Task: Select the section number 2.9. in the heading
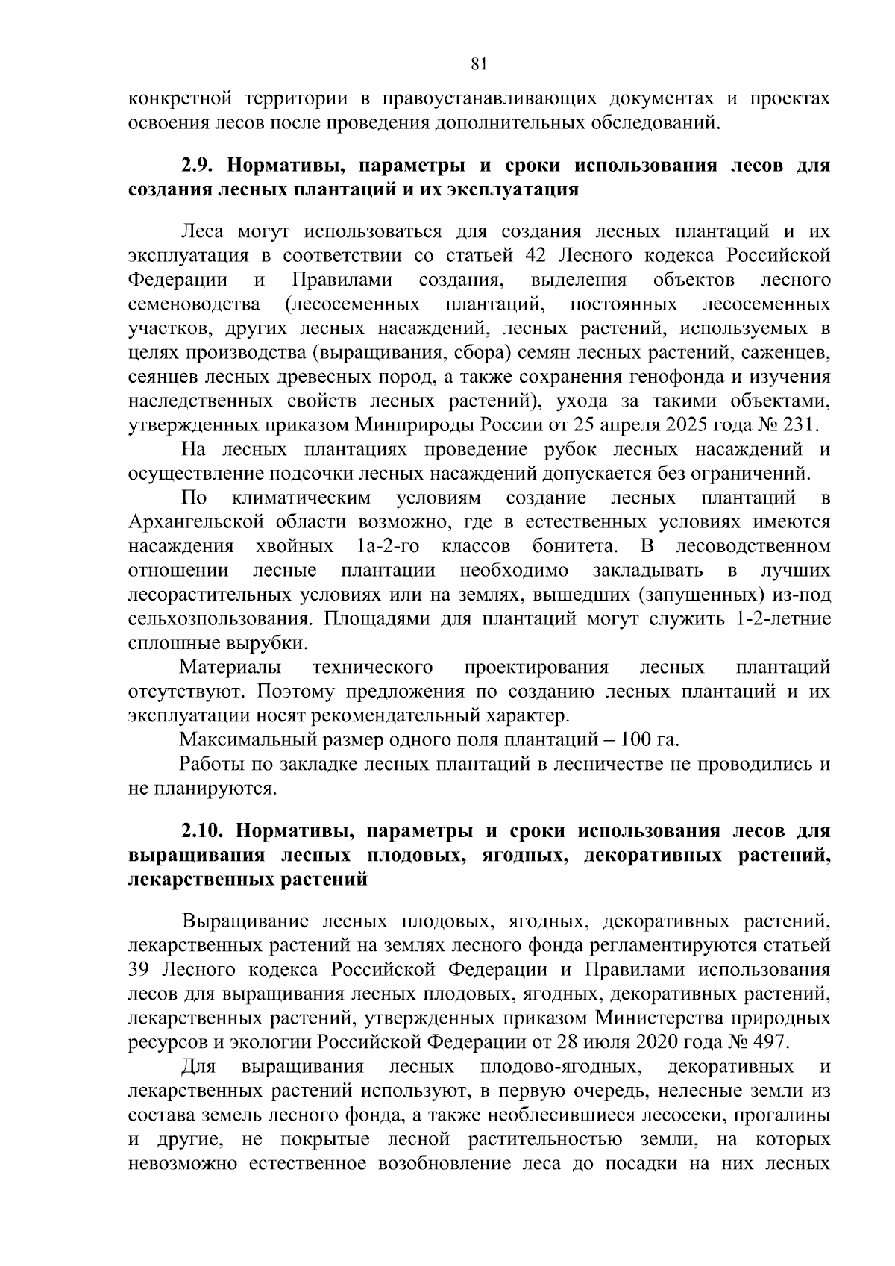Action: pyautogui.click(x=198, y=165)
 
